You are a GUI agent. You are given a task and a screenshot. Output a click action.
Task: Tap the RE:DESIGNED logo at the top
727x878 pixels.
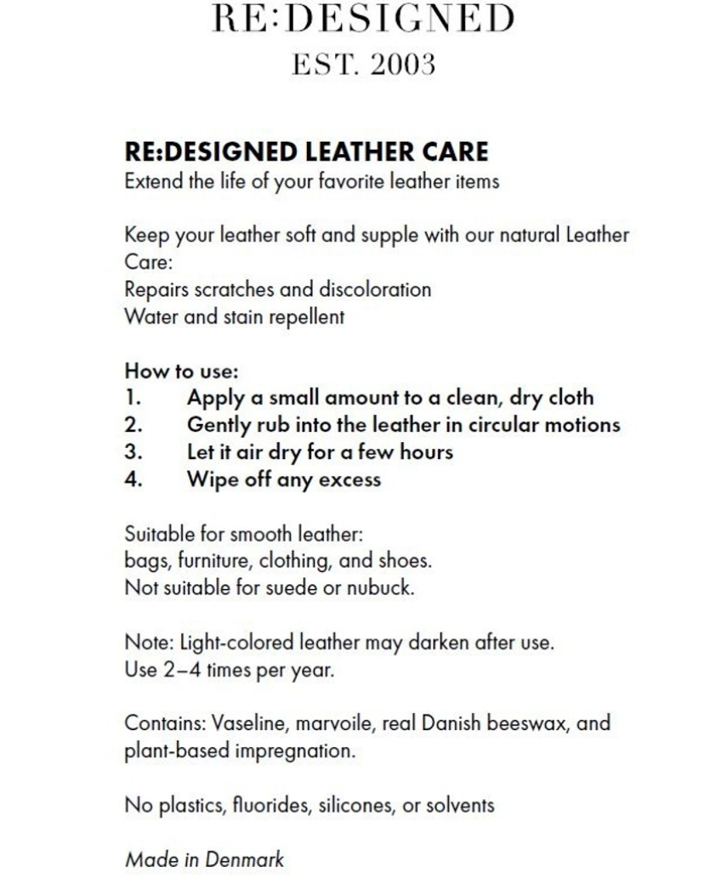point(363,19)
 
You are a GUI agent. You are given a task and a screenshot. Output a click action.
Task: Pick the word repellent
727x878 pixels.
point(307,317)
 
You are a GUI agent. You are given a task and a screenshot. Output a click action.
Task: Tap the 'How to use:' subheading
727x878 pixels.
point(181,371)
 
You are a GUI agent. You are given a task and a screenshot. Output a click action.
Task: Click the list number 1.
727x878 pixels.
point(132,398)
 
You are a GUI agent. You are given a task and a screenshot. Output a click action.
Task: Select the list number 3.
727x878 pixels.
point(133,452)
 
